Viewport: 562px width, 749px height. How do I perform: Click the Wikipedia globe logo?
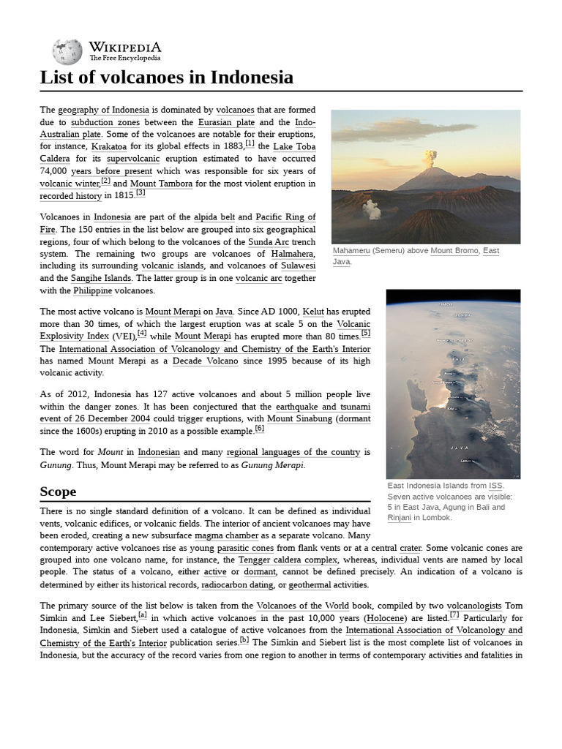click(x=67, y=51)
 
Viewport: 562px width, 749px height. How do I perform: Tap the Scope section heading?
click(x=58, y=491)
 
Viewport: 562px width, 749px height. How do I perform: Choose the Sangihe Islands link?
click(x=101, y=278)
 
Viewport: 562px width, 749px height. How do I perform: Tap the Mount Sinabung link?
click(x=301, y=419)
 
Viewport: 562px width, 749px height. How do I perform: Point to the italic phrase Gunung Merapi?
click(x=272, y=465)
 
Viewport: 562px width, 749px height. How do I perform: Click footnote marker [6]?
click(x=260, y=429)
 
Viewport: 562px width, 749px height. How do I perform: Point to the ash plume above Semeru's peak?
click(x=430, y=157)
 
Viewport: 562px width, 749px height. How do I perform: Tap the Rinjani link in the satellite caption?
click(x=399, y=518)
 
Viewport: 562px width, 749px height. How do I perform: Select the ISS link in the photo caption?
click(x=495, y=485)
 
